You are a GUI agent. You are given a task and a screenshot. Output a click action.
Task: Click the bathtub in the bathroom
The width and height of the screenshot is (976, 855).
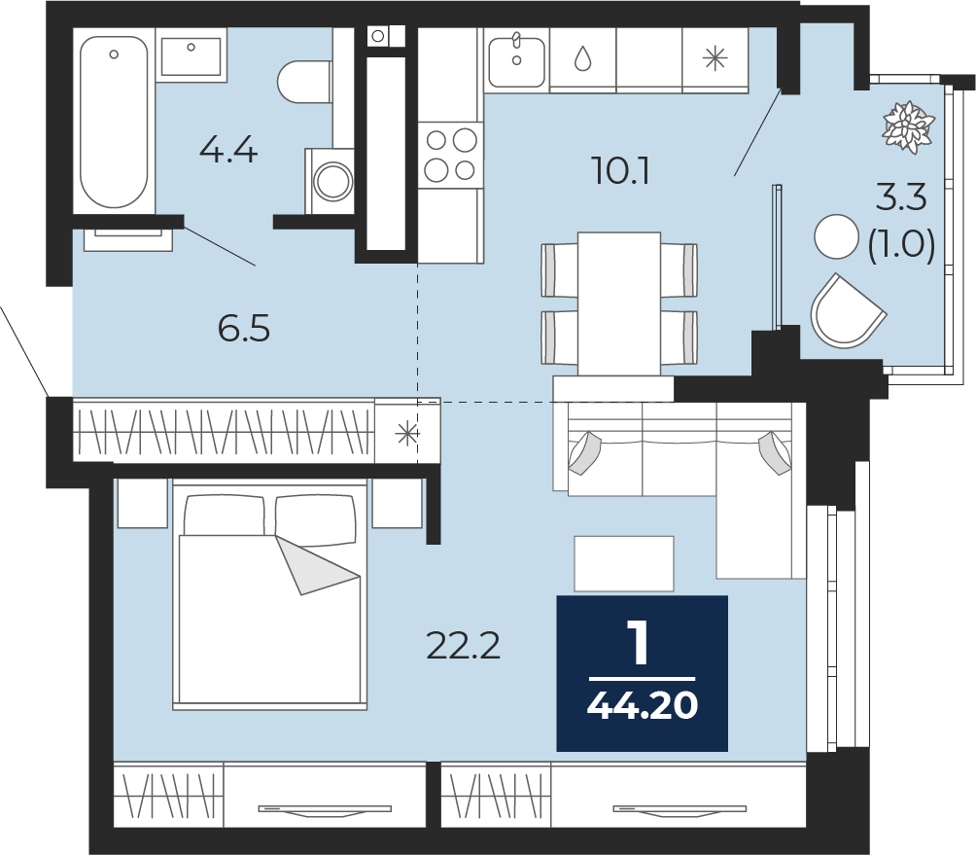[114, 122]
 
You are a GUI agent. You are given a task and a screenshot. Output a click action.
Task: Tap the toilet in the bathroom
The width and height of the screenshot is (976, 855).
[304, 82]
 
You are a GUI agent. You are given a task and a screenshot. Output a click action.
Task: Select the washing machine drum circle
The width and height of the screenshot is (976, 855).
[332, 181]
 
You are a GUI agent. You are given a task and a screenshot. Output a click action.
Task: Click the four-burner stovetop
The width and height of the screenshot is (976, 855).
[451, 155]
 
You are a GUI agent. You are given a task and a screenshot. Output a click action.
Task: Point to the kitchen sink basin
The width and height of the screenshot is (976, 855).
[516, 61]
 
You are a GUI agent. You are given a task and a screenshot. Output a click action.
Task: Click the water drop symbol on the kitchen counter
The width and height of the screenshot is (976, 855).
[582, 58]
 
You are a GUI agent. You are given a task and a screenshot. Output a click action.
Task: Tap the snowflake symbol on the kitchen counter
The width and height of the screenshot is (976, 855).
[715, 58]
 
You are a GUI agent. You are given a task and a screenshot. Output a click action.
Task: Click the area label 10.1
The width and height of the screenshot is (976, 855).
[621, 170]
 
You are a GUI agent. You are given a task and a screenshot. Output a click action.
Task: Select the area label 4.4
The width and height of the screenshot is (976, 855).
[228, 150]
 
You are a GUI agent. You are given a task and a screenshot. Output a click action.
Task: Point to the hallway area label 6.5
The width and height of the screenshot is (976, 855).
[244, 328]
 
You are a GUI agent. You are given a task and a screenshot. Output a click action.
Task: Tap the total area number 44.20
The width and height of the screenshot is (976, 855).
[643, 705]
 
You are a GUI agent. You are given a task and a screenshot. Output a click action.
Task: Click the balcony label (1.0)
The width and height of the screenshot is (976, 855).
[901, 244]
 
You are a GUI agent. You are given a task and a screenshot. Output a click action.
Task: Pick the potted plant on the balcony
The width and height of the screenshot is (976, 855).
[909, 126]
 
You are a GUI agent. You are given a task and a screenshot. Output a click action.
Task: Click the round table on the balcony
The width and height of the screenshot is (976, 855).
[837, 236]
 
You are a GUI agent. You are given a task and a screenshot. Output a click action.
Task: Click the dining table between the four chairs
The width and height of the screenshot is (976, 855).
[619, 303]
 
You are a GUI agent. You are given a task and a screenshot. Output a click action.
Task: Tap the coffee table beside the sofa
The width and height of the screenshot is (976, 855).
[624, 563]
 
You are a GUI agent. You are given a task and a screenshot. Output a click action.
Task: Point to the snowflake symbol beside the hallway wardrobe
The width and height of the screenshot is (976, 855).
[407, 434]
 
